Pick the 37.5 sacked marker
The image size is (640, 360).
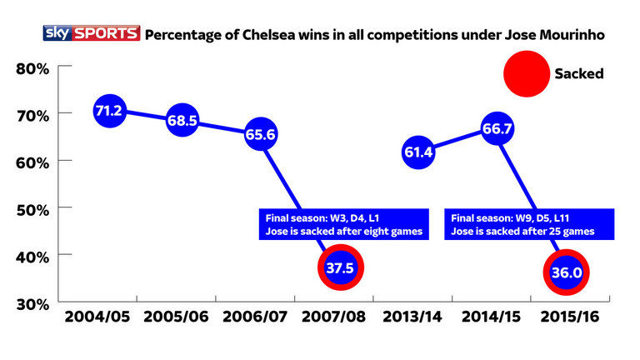click(341, 268)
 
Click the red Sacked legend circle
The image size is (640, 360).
click(526, 73)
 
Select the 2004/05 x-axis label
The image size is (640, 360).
click(97, 319)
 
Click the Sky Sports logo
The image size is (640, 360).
click(92, 34)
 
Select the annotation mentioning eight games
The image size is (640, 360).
click(342, 223)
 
